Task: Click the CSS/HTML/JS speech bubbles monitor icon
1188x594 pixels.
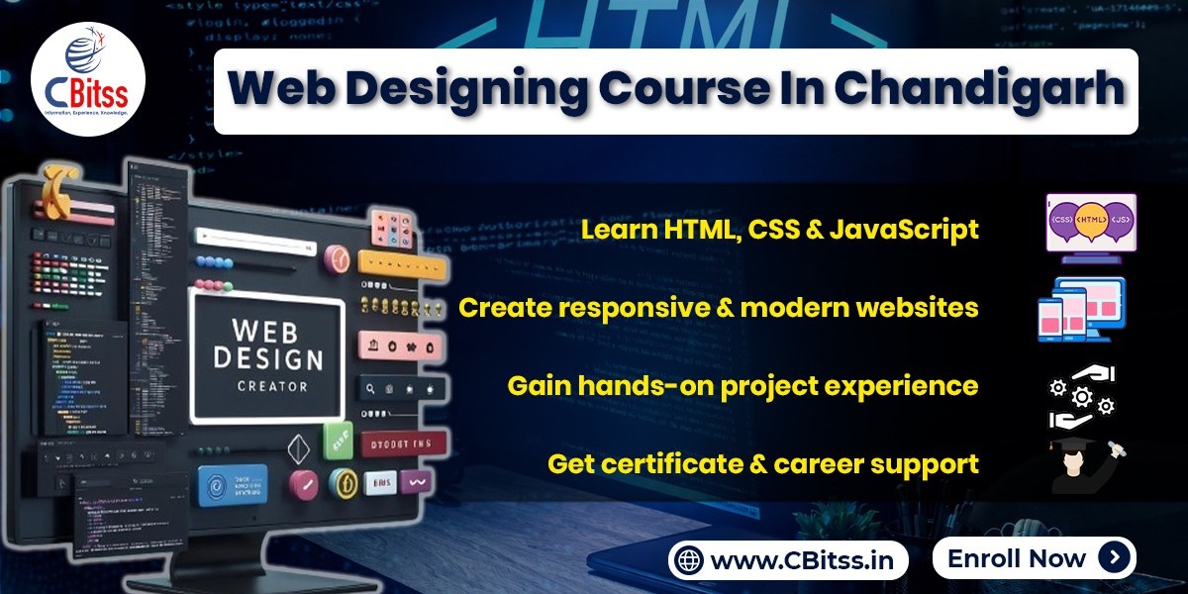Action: [1091, 227]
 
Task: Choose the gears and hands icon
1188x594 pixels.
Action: [1081, 395]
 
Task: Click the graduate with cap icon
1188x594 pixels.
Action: [1087, 466]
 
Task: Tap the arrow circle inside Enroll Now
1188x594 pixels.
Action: [1114, 558]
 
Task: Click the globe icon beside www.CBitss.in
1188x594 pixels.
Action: [689, 560]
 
